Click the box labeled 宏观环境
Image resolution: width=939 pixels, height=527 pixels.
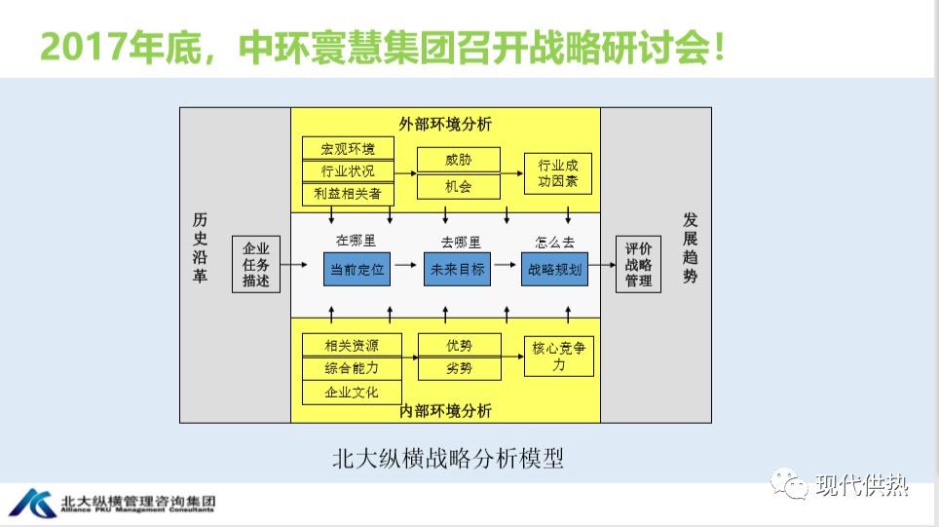click(x=349, y=148)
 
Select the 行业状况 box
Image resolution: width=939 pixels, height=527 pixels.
click(x=349, y=171)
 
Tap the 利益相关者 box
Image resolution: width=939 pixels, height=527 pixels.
click(x=349, y=194)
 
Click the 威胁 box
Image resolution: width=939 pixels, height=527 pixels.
click(x=458, y=160)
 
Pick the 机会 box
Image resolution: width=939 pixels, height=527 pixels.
click(x=458, y=185)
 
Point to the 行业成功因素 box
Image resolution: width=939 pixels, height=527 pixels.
click(x=558, y=172)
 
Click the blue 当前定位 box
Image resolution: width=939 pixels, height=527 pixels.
click(x=357, y=269)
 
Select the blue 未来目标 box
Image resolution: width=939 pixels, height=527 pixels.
click(x=457, y=269)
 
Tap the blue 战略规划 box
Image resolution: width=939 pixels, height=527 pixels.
click(x=555, y=269)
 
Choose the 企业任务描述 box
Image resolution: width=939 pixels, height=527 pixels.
click(x=256, y=264)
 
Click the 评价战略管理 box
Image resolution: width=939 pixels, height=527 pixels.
click(x=638, y=264)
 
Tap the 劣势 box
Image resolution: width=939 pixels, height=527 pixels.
click(x=459, y=368)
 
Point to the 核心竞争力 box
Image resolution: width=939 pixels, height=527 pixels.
click(x=558, y=357)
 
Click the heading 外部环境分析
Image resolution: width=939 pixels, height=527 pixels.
click(x=445, y=124)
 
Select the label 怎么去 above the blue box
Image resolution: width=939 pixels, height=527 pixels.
click(x=555, y=242)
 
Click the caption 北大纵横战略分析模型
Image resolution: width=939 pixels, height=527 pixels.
click(x=447, y=458)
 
